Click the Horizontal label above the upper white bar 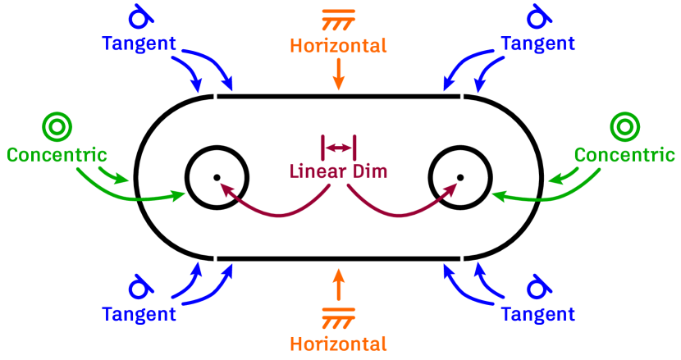point(338,46)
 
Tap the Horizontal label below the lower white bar point(338,342)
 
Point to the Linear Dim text point(338,172)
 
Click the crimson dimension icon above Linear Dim point(338,148)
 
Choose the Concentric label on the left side point(57,154)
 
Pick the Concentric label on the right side point(624,154)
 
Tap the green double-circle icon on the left point(57,126)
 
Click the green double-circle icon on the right point(624,126)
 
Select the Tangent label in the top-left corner point(139,43)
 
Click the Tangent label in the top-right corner point(537,43)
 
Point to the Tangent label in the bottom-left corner point(139,313)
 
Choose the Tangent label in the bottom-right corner point(537,313)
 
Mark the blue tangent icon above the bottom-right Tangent point(537,287)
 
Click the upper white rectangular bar point(338,97)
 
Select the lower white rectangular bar point(338,258)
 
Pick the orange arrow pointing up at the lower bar point(338,284)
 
